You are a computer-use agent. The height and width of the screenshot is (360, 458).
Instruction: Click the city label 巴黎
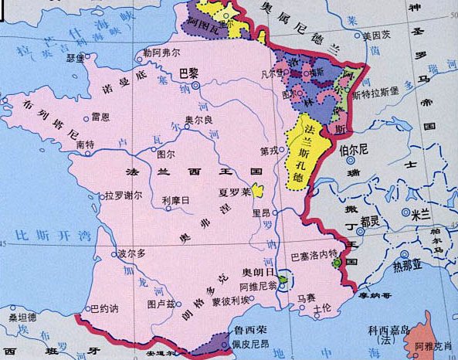pos(188,74)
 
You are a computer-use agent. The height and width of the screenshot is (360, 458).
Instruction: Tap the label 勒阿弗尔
pos(161,54)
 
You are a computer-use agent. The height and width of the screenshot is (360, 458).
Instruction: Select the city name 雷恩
pos(100,117)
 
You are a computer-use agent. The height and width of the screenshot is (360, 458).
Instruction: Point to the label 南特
pos(85,144)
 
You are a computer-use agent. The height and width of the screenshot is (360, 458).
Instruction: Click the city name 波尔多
pos(131,253)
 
